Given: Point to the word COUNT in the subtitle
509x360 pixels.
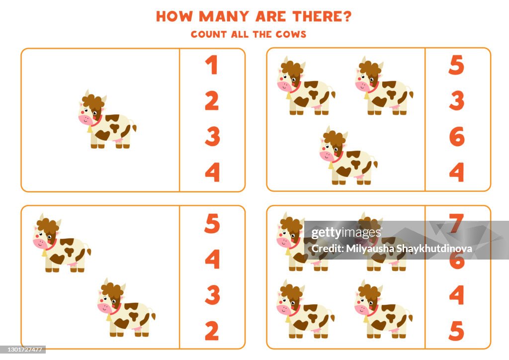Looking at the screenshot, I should (208, 34).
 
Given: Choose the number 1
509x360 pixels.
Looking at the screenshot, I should (212, 65).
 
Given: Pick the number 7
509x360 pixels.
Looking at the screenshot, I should (456, 223).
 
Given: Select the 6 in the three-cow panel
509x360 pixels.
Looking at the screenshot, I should (456, 137).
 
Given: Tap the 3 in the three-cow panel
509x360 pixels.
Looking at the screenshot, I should (456, 101).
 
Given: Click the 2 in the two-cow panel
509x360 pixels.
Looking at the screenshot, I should (212, 331).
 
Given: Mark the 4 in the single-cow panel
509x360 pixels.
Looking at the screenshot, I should (212, 172).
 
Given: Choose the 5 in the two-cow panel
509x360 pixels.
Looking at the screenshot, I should (212, 224).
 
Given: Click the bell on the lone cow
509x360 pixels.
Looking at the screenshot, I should (89, 129).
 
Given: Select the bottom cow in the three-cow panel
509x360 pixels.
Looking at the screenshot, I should (347, 157).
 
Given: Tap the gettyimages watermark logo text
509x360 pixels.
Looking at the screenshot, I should (346, 233).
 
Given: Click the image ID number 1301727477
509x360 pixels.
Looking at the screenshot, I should (23, 350).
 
